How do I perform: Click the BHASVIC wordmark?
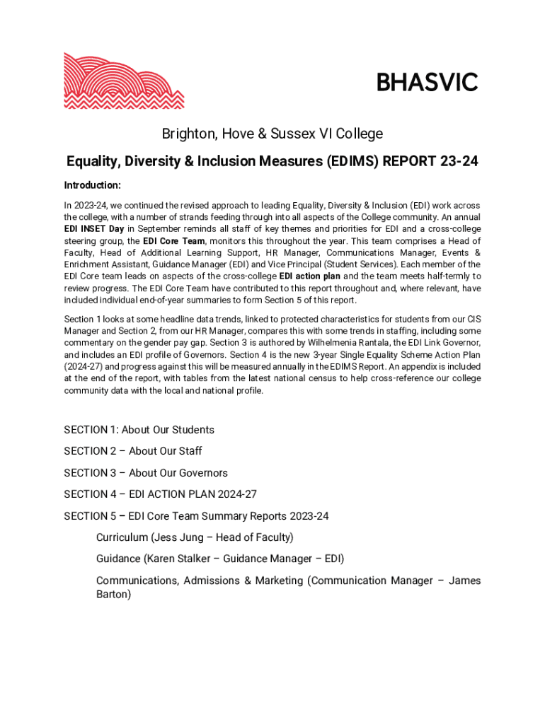pyautogui.click(x=427, y=83)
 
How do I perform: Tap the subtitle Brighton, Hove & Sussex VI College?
pyautogui.click(x=272, y=134)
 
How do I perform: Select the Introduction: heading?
pyautogui.click(x=93, y=185)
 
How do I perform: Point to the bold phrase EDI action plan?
pyautogui.click(x=310, y=276)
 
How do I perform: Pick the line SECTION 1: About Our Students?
pyautogui.click(x=139, y=430)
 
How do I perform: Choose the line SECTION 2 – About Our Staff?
pyautogui.click(x=133, y=451)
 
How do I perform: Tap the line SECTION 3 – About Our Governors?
pyautogui.click(x=146, y=473)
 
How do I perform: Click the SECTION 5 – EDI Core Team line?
pyautogui.click(x=196, y=516)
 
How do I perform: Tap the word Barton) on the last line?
pyautogui.click(x=113, y=595)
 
